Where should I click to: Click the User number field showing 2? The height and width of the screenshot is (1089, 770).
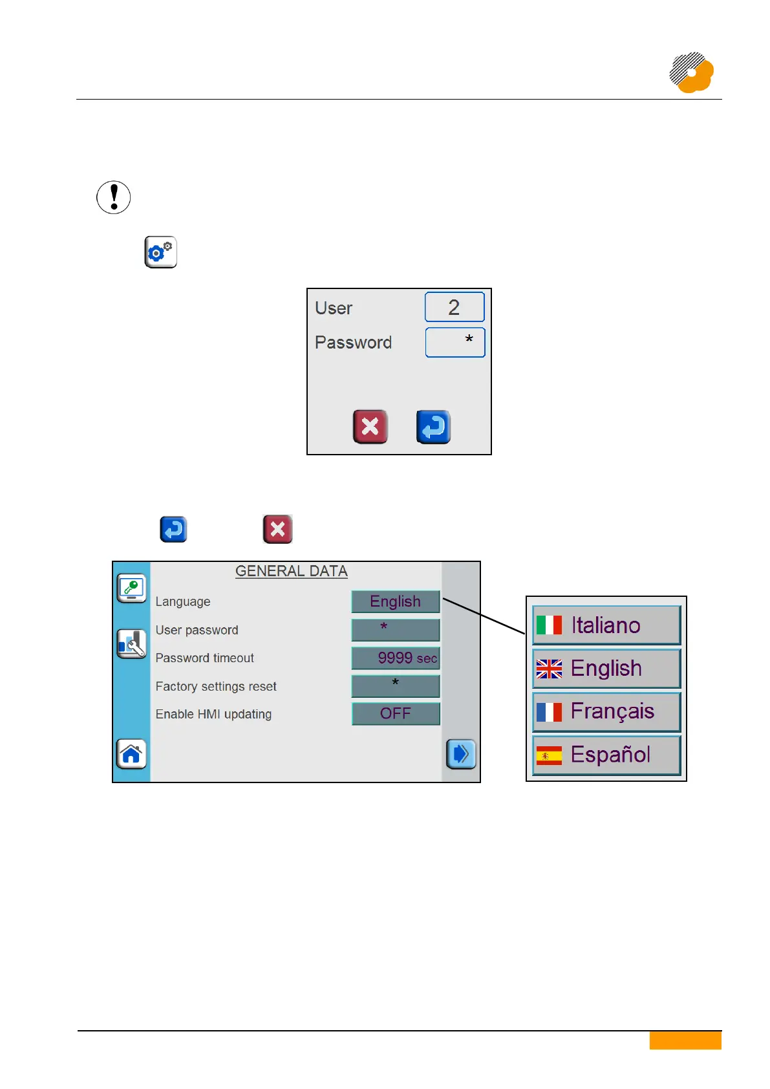click(454, 307)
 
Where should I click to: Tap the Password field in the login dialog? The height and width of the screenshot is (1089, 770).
click(455, 342)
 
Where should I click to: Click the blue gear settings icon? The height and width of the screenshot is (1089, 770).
click(160, 252)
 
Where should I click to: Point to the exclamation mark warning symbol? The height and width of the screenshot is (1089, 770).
click(114, 197)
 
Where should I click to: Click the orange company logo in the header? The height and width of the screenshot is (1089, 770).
click(691, 72)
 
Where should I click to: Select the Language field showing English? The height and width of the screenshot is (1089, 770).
click(395, 601)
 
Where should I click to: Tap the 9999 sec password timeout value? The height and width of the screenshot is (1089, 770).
click(395, 658)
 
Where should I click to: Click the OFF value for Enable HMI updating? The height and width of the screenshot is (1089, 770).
click(395, 713)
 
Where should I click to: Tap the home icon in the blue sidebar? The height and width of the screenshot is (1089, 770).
click(131, 754)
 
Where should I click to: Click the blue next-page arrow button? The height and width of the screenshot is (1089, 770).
click(461, 754)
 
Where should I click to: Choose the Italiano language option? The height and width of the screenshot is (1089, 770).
click(606, 625)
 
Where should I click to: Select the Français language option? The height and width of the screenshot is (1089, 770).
click(606, 711)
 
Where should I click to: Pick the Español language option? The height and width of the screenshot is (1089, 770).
click(606, 755)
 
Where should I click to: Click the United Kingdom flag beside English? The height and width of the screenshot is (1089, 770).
click(549, 669)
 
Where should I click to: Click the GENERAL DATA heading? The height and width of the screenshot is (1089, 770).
click(292, 571)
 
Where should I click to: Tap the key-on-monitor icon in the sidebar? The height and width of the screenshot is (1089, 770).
click(131, 588)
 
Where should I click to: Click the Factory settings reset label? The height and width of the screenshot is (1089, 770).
click(216, 686)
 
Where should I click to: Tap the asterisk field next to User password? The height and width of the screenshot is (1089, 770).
click(395, 629)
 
